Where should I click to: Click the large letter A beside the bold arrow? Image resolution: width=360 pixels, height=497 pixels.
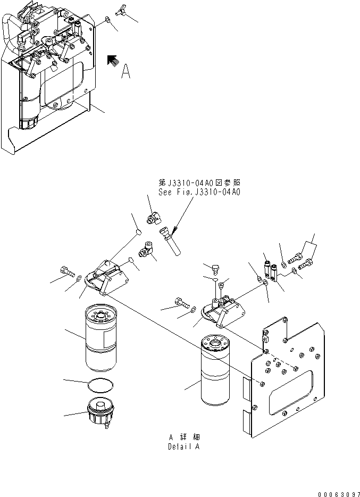click(125, 71)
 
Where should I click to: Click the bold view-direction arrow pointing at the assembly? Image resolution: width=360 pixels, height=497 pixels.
click(112, 61)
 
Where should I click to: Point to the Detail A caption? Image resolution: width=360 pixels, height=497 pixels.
click(184, 446)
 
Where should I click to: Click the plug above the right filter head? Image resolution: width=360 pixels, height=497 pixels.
click(215, 267)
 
